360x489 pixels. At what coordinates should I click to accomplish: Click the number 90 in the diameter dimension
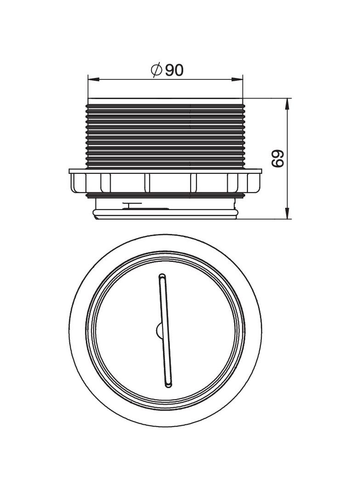pyautogui.click(x=174, y=70)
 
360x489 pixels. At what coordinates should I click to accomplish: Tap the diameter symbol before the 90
pyautogui.click(x=156, y=70)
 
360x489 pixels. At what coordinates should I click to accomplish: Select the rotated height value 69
pyautogui.click(x=277, y=158)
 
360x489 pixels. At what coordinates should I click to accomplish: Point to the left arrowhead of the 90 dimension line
pyautogui.click(x=93, y=80)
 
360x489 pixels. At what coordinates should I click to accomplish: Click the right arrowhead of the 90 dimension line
pyautogui.click(x=237, y=80)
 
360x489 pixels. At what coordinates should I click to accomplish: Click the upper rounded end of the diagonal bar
pyautogui.click(x=162, y=277)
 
